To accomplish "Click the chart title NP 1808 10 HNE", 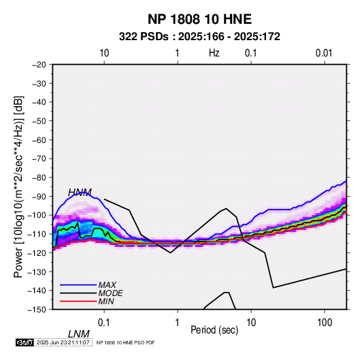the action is point(199,19).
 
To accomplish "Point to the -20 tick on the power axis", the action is point(39,65).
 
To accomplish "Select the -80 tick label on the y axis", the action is point(39,178).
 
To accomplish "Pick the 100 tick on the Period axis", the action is point(325,323).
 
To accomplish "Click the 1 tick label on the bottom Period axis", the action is point(178,323).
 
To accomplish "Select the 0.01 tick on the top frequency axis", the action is point(324,53).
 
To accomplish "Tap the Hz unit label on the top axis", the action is point(214,53).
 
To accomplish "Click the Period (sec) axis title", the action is point(214,330).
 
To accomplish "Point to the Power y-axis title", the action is point(18,186).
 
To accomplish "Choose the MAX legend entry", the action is point(107,284).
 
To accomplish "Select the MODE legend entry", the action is point(110,293).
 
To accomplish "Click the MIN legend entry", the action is point(106,301).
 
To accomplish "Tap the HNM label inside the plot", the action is point(80,193).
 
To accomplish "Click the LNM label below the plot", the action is point(79,334).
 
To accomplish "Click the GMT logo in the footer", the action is point(25,342).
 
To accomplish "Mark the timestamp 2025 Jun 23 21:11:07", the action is point(63,342).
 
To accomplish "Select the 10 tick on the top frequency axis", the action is point(104,53).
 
